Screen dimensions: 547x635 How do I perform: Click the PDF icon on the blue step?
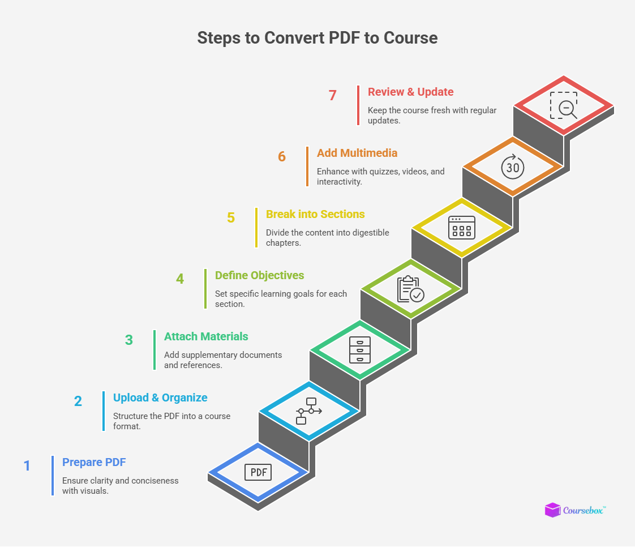pos(258,472)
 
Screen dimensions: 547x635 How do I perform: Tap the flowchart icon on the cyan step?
pos(309,411)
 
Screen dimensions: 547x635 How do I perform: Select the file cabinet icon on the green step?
pos(360,350)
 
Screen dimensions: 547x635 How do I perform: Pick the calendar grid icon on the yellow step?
pos(462,228)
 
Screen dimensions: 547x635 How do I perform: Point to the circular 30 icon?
pos(513,166)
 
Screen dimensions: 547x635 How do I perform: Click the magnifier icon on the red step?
pos(564,105)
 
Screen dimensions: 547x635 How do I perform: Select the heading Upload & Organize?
pos(160,398)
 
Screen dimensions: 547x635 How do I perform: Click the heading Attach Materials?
pos(206,336)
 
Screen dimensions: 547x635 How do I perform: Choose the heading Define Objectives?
pos(259,275)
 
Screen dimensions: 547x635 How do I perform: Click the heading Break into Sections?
pos(315,214)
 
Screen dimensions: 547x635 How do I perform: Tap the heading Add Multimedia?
pos(357,153)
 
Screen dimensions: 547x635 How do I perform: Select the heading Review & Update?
pos(410,92)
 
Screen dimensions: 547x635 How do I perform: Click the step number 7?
pos(333,95)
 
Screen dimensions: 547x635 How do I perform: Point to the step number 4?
pos(180,279)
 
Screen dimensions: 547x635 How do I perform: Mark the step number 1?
pos(27,465)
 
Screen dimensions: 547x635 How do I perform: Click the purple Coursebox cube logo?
pos(552,510)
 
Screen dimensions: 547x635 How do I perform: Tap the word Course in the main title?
pos(410,38)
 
